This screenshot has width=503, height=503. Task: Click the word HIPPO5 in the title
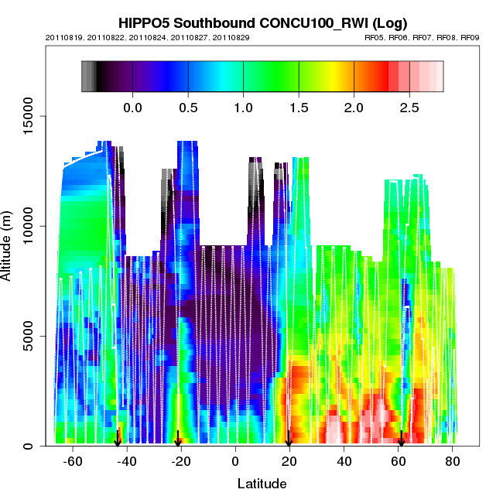point(145,22)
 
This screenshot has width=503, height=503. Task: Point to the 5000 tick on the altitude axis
point(26,336)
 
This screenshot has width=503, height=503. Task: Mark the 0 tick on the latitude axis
point(235,462)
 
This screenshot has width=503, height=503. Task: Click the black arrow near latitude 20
point(289,438)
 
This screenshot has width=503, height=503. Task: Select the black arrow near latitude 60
point(401,438)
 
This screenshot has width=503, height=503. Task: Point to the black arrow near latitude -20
point(178,438)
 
